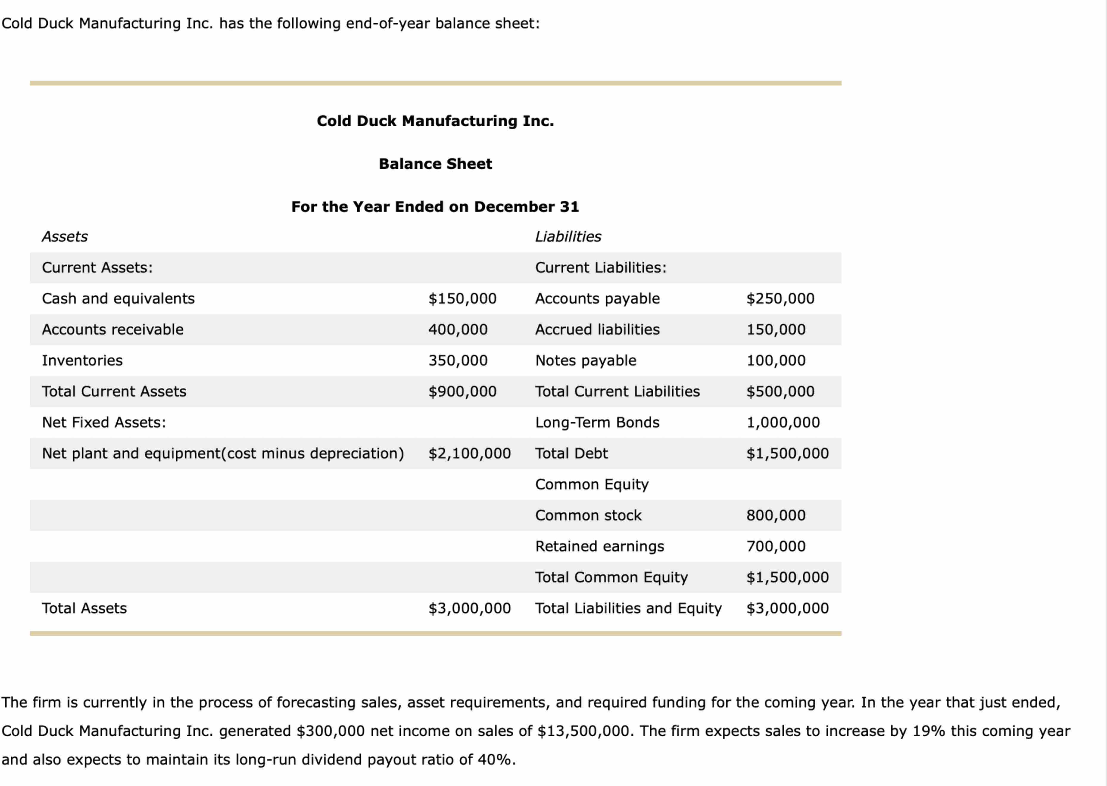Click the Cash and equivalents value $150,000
click(462, 299)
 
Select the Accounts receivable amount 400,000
click(458, 330)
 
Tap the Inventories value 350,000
click(458, 361)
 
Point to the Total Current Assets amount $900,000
click(462, 392)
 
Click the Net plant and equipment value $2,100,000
click(469, 454)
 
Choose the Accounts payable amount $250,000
click(780, 299)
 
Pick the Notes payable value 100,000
click(776, 361)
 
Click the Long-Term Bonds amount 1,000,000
click(783, 423)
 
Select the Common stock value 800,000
click(776, 516)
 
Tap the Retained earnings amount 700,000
click(776, 547)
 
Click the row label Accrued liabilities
click(597, 330)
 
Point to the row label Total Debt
click(571, 454)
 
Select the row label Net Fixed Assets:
click(104, 423)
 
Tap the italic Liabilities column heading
click(568, 237)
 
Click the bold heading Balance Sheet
click(435, 164)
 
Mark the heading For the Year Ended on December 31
click(435, 207)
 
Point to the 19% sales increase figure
click(928, 731)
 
